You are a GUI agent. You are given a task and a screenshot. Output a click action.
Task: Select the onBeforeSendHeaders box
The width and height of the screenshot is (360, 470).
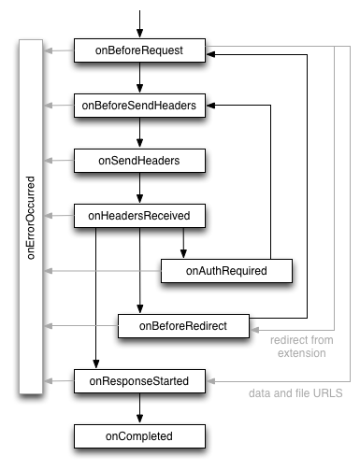[139, 106]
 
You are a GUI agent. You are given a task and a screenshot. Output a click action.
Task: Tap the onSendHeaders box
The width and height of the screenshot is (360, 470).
[139, 161]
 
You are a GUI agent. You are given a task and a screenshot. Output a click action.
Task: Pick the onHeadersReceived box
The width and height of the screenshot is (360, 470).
[139, 216]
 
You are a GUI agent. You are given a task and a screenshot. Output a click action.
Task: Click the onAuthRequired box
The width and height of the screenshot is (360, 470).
[227, 271]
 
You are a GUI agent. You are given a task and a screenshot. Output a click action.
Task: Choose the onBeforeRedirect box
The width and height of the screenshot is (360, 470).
[183, 325]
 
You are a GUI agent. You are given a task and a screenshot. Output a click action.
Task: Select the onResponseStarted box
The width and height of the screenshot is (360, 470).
[139, 380]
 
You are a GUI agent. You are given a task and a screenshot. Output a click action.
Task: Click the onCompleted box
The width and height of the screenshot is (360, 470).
[139, 435]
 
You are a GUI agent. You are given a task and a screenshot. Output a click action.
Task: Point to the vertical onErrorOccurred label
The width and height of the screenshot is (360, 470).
[31, 216]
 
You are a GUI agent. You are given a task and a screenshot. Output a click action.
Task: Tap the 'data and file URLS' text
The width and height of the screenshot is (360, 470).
[295, 393]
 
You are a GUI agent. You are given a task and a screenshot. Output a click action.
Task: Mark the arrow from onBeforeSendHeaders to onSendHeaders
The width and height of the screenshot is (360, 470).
[139, 134]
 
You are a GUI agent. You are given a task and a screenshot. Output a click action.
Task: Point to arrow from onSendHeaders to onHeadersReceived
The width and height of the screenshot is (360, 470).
[139, 189]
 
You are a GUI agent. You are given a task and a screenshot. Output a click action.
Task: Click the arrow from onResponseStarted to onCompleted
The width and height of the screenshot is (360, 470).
[139, 407]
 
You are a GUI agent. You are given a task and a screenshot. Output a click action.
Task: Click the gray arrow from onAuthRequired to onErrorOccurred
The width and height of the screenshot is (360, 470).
[103, 271]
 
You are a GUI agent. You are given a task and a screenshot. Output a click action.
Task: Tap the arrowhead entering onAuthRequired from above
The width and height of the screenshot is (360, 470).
[184, 253]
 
